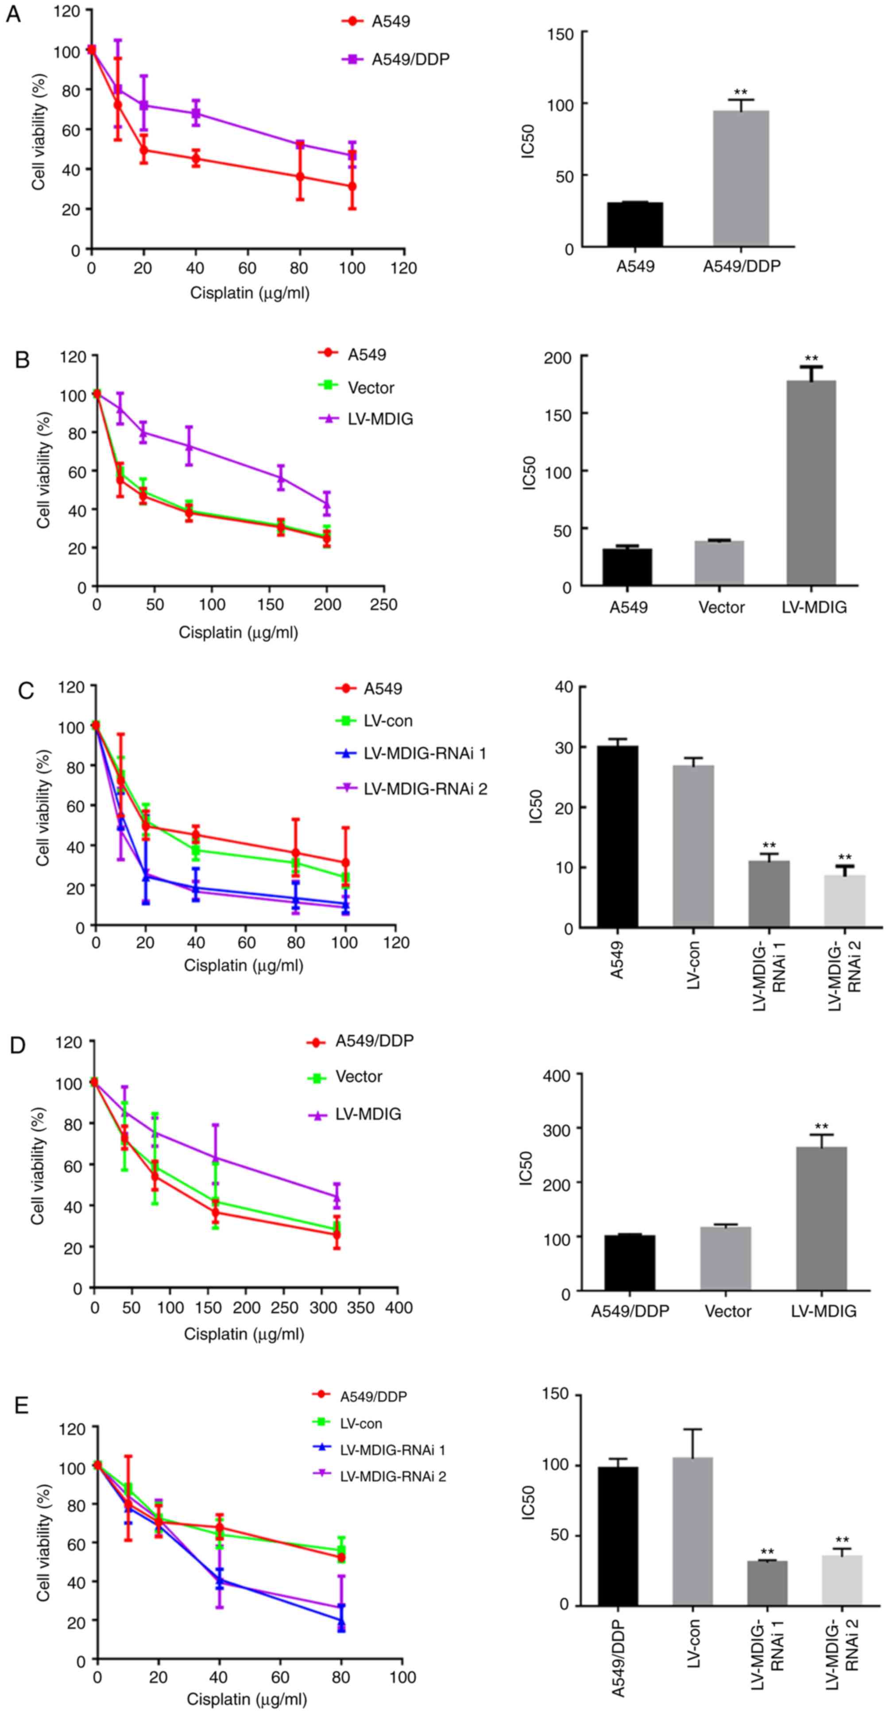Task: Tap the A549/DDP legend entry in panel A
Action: coord(410,59)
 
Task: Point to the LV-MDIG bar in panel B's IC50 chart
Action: coord(811,483)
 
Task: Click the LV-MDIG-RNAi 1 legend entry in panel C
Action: coord(425,754)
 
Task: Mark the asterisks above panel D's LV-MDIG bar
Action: coord(821,1127)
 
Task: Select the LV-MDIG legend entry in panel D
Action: coord(368,1114)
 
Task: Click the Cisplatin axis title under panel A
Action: coord(250,293)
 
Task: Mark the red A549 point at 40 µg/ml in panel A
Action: coord(196,158)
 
